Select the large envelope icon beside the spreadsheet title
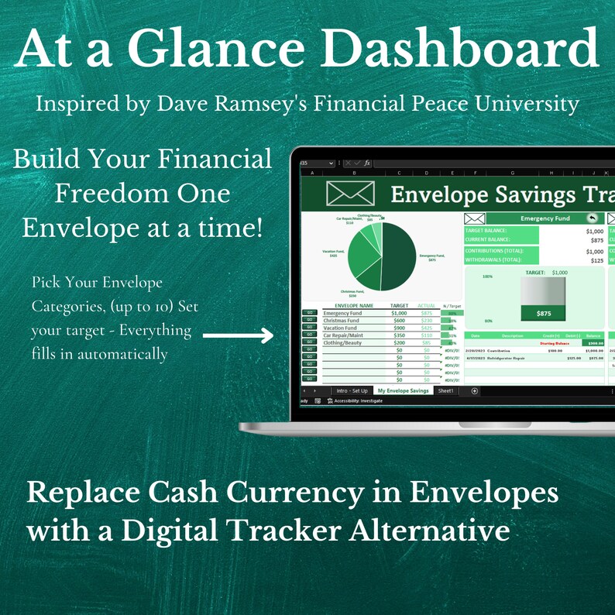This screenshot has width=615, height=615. point(350,194)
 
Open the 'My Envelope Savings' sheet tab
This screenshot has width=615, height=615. point(403,391)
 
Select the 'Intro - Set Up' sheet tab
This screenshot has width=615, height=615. point(352,391)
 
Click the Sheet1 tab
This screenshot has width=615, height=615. point(446,391)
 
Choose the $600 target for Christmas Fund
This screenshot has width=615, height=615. point(400,320)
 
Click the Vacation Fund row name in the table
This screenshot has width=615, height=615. point(341,328)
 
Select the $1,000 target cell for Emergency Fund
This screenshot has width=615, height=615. point(399,312)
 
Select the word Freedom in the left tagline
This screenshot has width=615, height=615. point(105,194)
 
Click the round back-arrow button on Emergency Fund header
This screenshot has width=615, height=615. point(592,218)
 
